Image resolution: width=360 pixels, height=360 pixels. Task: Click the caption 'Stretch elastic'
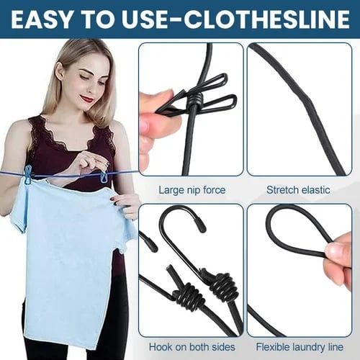click(299, 191)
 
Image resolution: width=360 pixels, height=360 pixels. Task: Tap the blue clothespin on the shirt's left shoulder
click(28, 175)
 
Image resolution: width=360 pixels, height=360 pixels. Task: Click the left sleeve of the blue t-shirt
click(22, 209)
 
